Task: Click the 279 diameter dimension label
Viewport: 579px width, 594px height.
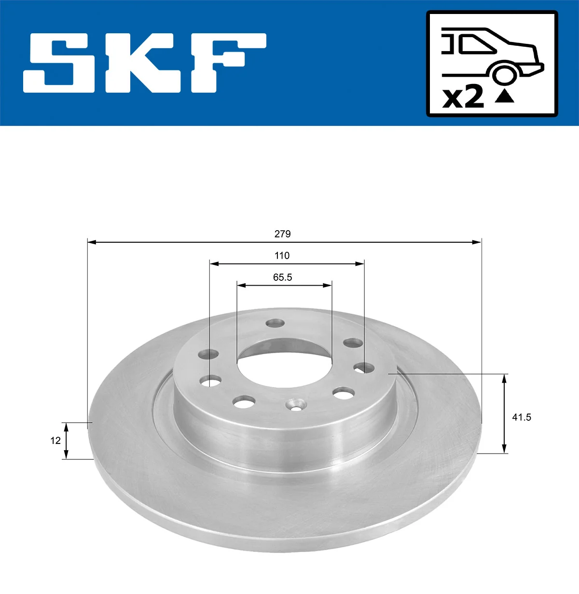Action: (x=282, y=234)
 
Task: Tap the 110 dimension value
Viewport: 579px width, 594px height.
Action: (x=282, y=255)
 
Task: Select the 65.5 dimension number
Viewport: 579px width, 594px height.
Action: (x=282, y=277)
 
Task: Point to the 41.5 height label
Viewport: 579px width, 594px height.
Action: (x=522, y=417)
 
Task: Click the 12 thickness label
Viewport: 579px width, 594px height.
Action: (x=55, y=441)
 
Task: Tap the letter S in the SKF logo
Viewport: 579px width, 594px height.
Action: (x=59, y=63)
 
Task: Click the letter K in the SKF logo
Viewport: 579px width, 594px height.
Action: (x=145, y=63)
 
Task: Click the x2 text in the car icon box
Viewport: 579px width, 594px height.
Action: (x=463, y=97)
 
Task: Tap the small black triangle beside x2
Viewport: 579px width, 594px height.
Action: (x=504, y=97)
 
